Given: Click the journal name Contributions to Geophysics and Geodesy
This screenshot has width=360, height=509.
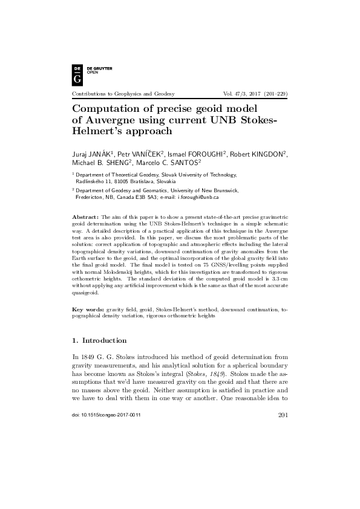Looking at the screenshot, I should [123, 94].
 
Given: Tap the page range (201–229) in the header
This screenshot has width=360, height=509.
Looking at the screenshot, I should [272, 94].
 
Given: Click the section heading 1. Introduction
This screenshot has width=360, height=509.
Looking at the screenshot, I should [99, 340].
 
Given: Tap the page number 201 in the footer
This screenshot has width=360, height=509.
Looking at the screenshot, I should [281, 432].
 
